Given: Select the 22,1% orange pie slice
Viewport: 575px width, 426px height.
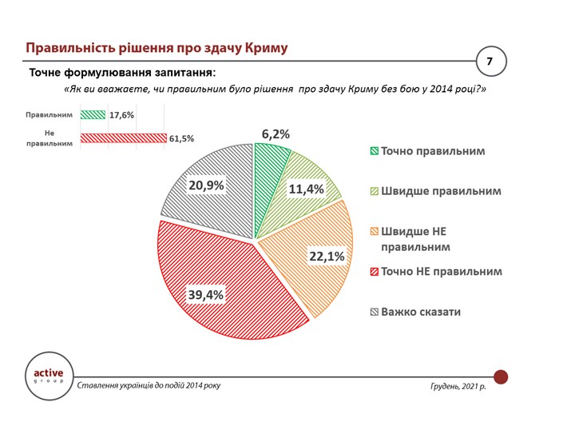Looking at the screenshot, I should (311, 256).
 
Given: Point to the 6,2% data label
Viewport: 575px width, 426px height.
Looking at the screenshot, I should (276, 133).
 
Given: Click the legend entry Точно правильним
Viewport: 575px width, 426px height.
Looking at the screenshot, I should (432, 151).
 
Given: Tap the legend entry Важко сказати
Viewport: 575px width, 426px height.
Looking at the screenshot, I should (420, 311).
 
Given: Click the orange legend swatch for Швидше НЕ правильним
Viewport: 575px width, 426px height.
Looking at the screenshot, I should (374, 232).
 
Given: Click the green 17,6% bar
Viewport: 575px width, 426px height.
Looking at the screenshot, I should (93, 114).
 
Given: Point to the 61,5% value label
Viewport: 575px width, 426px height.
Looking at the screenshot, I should (181, 138).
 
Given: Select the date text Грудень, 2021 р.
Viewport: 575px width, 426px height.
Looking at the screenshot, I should (457, 386).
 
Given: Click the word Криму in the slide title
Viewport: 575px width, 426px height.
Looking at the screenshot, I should (259, 47).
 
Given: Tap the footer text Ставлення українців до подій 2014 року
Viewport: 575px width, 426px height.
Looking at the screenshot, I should (149, 386).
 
